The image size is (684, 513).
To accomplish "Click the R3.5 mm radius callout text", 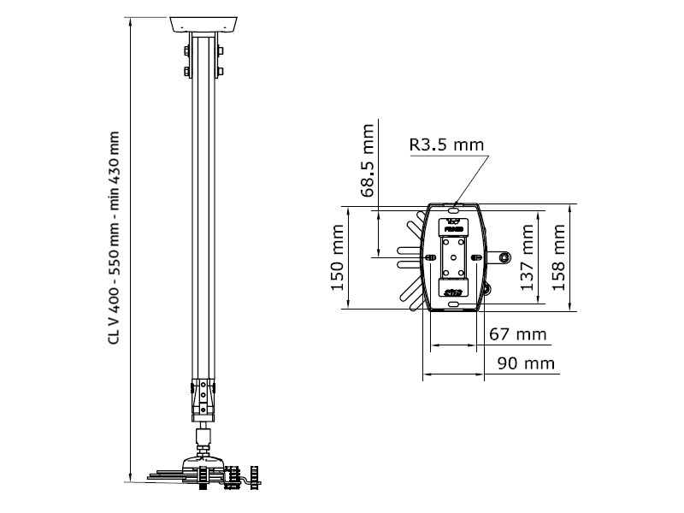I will [x=445, y=144].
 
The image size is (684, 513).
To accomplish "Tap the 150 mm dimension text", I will [x=338, y=257].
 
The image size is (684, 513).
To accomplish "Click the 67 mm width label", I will [x=518, y=334].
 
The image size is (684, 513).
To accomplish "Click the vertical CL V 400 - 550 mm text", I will [x=114, y=239].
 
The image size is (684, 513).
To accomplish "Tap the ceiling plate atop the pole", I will [x=203, y=23].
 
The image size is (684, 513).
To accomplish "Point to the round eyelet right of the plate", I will [x=505, y=256].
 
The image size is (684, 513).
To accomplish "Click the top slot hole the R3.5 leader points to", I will [x=455, y=205].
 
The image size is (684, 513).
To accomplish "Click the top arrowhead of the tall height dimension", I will [x=129, y=19].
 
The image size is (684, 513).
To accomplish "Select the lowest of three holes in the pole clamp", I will [x=203, y=406].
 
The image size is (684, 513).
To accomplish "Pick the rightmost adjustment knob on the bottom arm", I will [x=253, y=474].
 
